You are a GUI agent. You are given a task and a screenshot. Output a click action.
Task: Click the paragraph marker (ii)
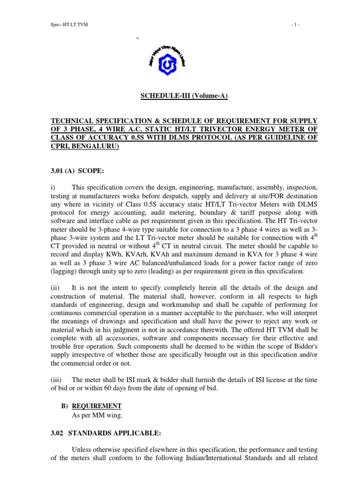point(55,287)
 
